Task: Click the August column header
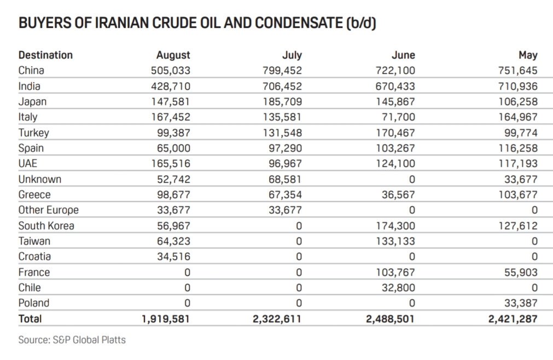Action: (173, 55)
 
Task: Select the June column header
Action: (403, 55)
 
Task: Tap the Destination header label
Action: (45, 55)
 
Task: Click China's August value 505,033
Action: (170, 71)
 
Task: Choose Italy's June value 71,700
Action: (399, 117)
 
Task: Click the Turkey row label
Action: (33, 133)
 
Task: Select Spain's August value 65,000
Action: (173, 148)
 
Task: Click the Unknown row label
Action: (40, 179)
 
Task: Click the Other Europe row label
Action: (49, 210)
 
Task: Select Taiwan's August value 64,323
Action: (173, 241)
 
